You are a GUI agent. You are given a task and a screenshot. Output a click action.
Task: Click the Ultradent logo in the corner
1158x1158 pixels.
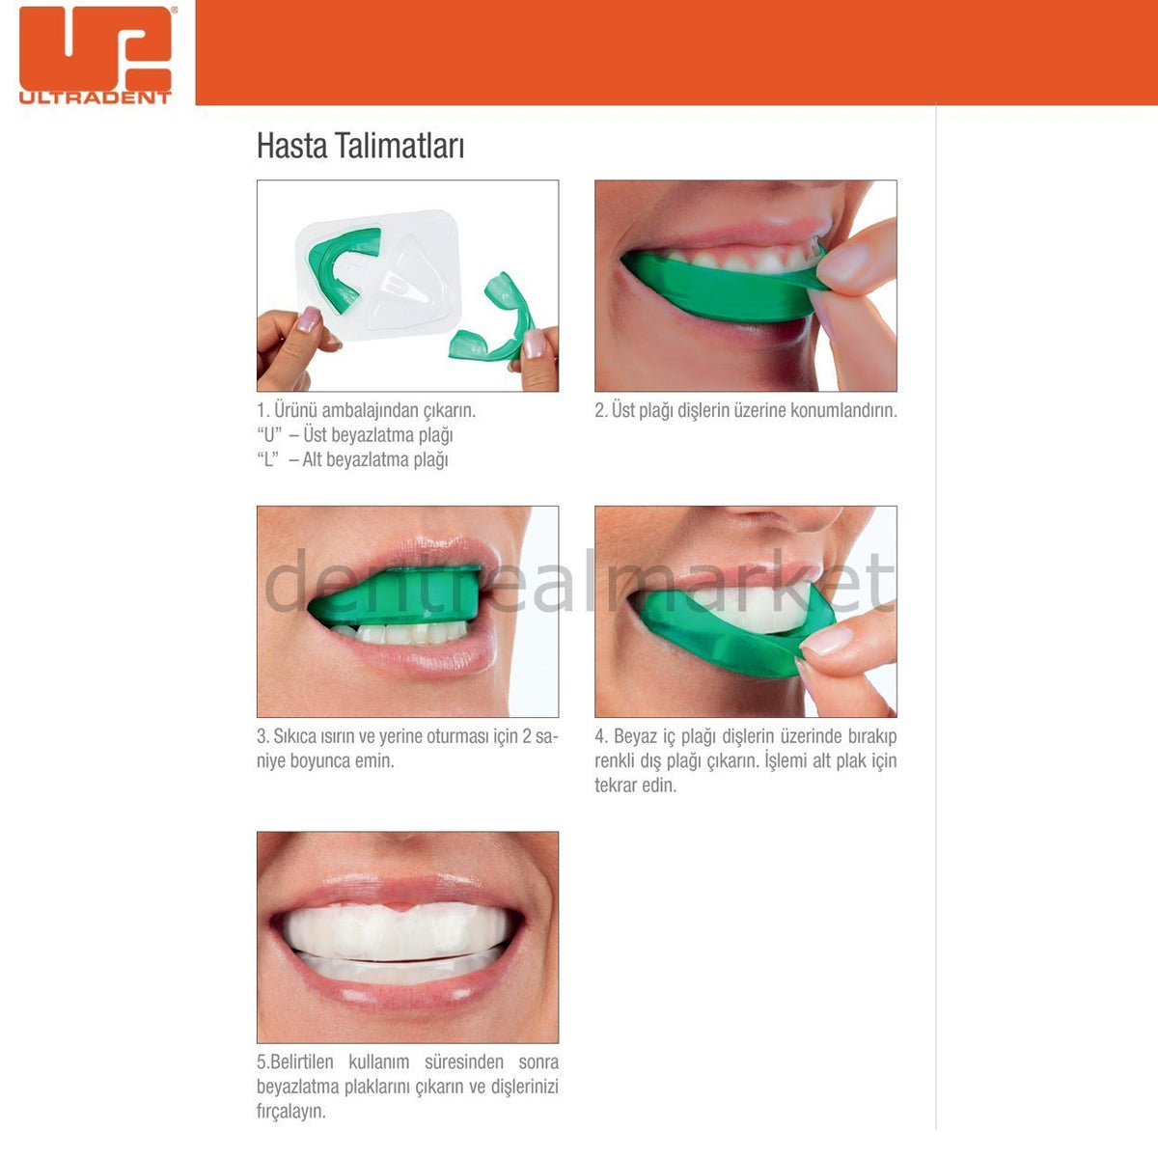pyautogui.click(x=95, y=54)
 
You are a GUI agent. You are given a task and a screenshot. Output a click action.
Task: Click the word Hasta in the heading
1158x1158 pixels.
pyautogui.click(x=291, y=147)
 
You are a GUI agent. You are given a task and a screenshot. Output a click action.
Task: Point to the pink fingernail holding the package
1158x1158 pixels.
pyautogui.click(x=308, y=319)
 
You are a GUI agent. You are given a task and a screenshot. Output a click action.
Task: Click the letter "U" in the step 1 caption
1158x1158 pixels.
pyautogui.click(x=267, y=435)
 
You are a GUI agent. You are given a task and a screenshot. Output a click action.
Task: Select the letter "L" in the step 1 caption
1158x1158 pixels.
pyautogui.click(x=267, y=460)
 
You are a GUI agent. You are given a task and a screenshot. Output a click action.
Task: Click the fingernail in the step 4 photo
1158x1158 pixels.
pyautogui.click(x=828, y=641)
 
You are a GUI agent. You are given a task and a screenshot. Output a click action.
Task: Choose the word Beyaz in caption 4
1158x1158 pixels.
pyautogui.click(x=636, y=737)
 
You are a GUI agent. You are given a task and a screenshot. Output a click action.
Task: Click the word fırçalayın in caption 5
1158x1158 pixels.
pyautogui.click(x=290, y=1112)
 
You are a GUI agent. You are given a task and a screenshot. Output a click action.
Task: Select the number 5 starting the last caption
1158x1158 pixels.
pyautogui.click(x=262, y=1062)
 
